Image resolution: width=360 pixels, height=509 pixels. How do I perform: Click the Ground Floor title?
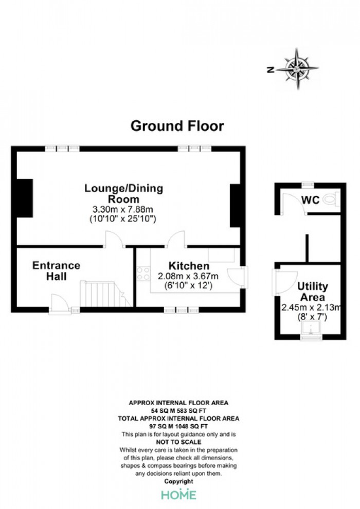click(177, 126)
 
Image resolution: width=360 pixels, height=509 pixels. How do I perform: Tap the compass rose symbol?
click(297, 69)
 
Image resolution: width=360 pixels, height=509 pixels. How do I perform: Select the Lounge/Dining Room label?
click(123, 193)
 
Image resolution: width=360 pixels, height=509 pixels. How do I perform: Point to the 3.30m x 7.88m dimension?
click(123, 209)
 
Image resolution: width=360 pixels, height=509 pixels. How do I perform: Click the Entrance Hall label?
click(56, 271)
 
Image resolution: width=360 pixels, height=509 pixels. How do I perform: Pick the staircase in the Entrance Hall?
click(105, 294)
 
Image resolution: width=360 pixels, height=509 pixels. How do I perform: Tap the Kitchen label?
click(189, 266)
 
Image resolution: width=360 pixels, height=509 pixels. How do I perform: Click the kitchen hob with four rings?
click(143, 273)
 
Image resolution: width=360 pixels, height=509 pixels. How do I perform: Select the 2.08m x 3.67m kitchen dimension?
click(188, 276)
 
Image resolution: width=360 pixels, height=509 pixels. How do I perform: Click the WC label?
click(310, 200)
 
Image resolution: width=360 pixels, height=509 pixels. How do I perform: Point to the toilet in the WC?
click(332, 199)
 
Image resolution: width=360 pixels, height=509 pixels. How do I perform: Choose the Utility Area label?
click(313, 292)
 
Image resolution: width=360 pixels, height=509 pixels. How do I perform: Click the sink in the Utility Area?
click(311, 328)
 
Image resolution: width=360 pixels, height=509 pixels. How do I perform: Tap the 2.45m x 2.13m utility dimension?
click(311, 307)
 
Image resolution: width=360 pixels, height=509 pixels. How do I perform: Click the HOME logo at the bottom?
click(179, 495)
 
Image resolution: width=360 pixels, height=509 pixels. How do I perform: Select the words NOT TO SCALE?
click(178, 442)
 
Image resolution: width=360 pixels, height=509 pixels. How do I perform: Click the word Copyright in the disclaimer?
click(178, 481)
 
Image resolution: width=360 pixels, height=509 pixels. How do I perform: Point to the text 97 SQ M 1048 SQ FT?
click(178, 426)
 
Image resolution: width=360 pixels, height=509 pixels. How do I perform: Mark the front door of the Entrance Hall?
click(60, 304)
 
